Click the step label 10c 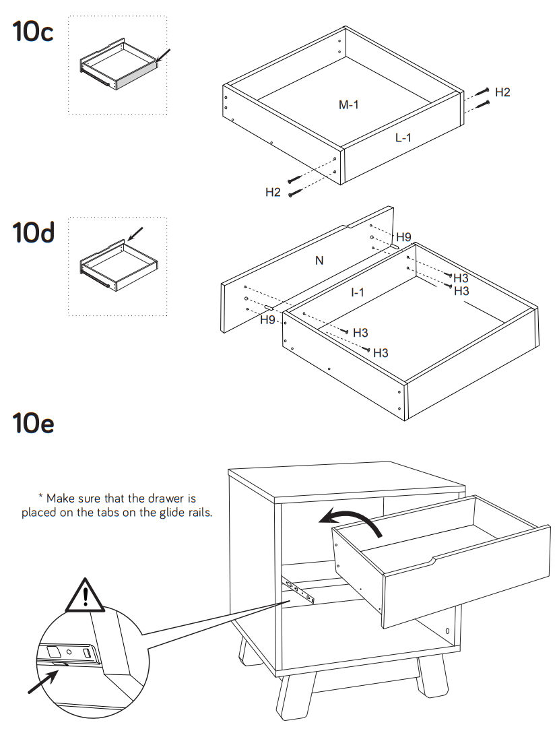pos(32,32)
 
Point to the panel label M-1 pos(348,104)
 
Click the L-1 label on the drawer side pos(403,138)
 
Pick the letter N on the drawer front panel pos(319,261)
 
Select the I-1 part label pos(357,292)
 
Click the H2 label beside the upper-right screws pos(502,92)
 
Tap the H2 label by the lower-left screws pos(273,193)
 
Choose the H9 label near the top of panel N pos(403,237)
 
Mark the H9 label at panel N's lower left pos(268,320)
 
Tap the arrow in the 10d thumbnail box pos(135,234)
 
